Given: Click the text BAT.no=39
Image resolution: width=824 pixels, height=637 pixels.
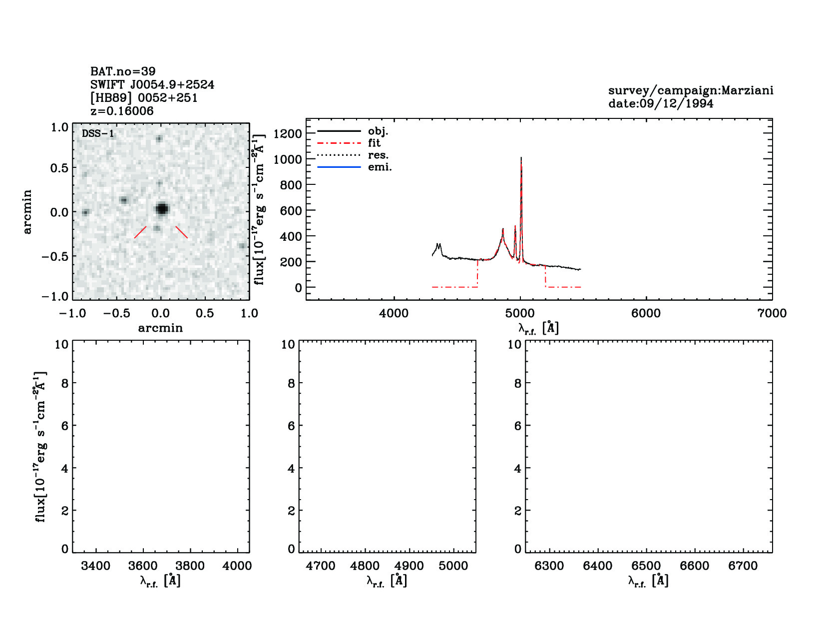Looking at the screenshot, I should coord(123,71).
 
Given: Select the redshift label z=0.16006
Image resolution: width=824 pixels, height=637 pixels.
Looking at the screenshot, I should coord(122,111).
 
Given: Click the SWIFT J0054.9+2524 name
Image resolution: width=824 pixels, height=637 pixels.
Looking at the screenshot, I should coord(152,85).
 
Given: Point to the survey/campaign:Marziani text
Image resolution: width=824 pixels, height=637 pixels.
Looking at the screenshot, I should coord(691,90).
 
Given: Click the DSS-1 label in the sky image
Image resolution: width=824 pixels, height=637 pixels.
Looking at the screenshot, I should coord(98,134).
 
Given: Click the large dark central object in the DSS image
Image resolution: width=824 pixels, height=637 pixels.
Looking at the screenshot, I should coord(161,209).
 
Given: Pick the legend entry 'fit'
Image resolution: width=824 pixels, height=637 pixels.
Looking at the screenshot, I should coord(374,143).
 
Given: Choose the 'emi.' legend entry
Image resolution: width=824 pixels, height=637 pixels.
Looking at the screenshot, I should coord(380,167).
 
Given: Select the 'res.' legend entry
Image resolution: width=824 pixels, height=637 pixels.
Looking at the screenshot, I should coord(378,155).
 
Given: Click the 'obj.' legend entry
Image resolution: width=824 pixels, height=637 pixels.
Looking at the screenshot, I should coord(378,131).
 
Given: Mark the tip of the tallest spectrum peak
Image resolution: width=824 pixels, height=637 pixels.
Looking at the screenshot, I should coord(521,158).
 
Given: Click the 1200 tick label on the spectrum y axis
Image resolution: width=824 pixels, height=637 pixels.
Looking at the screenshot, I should coord(288,133).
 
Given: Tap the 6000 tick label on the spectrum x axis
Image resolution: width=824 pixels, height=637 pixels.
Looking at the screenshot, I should coord(646,314).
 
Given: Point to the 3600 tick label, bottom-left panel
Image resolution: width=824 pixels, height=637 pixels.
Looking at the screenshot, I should coord(143,566).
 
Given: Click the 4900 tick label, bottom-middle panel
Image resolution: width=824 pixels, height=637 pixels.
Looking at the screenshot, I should coord(409,566).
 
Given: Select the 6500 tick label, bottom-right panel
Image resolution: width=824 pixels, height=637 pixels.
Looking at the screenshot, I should coord(646,566).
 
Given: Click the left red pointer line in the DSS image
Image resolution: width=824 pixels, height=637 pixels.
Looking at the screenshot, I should coord(140,232).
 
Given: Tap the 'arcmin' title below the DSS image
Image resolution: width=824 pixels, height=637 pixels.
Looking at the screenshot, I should coord(160,328).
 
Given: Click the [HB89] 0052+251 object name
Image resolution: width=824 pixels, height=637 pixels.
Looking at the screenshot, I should coord(144,98).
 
